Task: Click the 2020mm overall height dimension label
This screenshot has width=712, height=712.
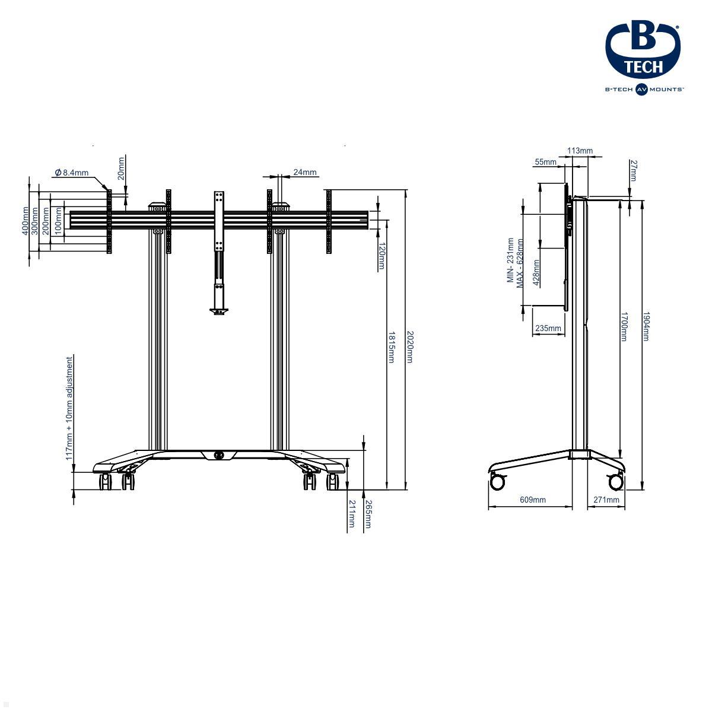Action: pyautogui.click(x=410, y=347)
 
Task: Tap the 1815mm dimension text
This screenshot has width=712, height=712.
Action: pyautogui.click(x=391, y=347)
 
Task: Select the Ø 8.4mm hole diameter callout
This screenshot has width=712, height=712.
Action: pyautogui.click(x=72, y=173)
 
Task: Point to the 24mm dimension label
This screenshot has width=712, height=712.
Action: pyautogui.click(x=305, y=172)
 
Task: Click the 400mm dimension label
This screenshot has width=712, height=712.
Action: pyautogui.click(x=25, y=221)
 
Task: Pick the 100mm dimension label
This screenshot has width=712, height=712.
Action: pyautogui.click(x=58, y=221)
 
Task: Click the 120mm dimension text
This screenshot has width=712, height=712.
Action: pyautogui.click(x=382, y=256)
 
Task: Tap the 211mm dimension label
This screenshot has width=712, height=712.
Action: pyautogui.click(x=352, y=514)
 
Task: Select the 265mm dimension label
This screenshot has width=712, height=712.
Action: pyautogui.click(x=368, y=514)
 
